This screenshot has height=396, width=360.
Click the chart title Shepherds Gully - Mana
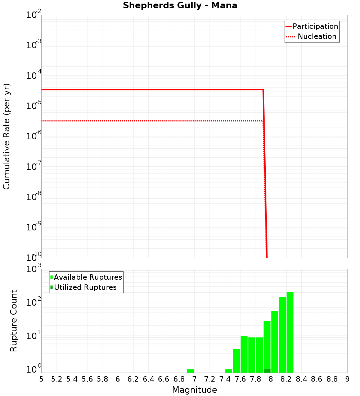(180, 5)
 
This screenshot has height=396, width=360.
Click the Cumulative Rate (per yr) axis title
(6, 136)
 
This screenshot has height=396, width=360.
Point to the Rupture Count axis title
(14, 321)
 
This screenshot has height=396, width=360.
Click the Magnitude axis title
(194, 390)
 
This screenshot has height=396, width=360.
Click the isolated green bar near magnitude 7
(190, 371)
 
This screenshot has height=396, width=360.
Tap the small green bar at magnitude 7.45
(229, 371)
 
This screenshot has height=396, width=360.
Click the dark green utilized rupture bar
(267, 371)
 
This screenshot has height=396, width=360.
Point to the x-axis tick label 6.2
(133, 379)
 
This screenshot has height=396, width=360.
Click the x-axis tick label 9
(347, 379)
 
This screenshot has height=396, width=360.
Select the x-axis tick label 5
(41, 379)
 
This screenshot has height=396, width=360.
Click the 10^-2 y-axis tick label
(34, 15)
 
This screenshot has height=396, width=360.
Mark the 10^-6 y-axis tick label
(34, 136)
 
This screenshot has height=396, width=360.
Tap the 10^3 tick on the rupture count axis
(35, 269)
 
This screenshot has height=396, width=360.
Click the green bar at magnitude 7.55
(236, 361)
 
